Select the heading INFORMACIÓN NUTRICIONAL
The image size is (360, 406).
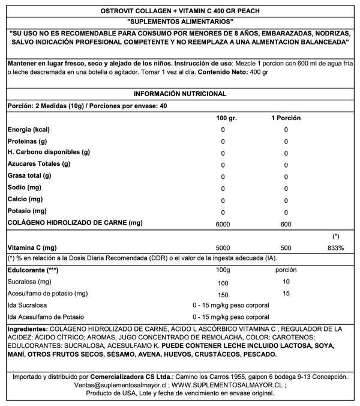tap(180, 94)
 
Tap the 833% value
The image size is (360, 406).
tap(336, 247)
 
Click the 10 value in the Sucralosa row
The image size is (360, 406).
tap(286, 282)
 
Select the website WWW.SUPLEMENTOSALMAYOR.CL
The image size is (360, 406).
tap(220, 385)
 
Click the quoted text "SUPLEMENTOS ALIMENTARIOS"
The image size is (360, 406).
tap(180, 22)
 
